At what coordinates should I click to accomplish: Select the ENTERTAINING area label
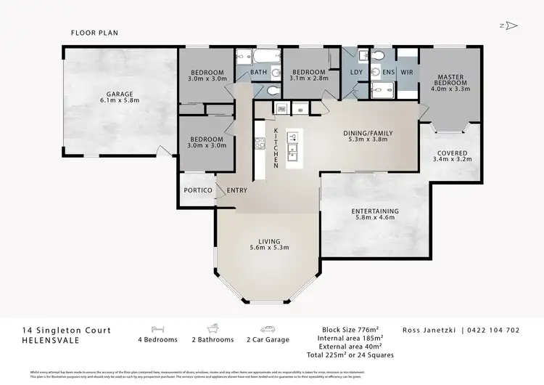375,211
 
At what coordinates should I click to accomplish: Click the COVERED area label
450,153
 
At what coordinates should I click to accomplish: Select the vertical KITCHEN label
276,148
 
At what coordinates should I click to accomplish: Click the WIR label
406,73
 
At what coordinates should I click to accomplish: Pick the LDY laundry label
356,73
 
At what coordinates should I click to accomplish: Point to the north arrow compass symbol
510,25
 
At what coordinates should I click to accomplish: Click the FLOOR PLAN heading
94,33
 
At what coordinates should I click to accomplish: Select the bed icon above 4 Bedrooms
157,328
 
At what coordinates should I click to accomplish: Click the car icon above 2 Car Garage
268,328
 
